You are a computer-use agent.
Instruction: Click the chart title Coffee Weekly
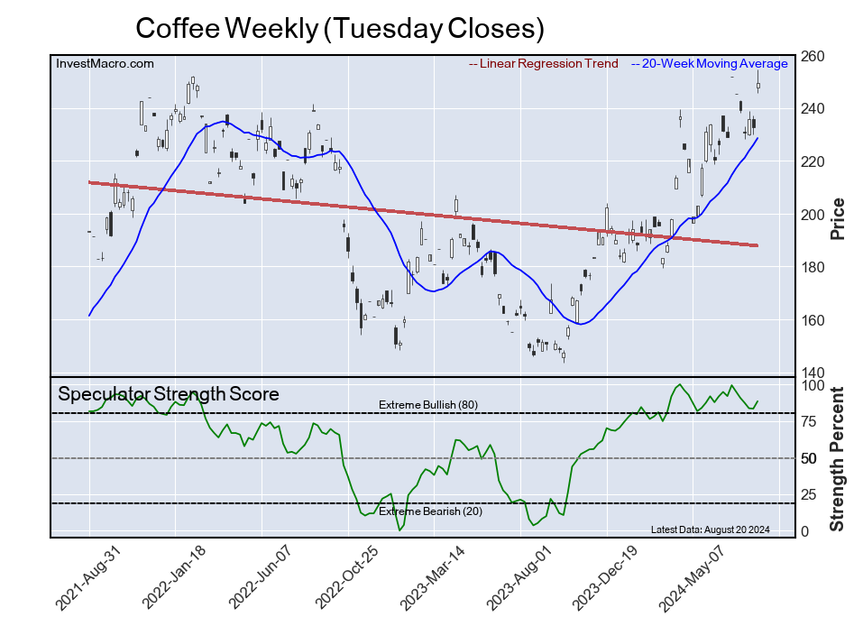click(340, 28)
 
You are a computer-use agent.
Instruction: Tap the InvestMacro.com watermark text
click(106, 63)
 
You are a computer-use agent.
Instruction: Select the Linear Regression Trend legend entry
click(544, 64)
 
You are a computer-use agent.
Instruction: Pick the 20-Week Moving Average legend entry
click(710, 64)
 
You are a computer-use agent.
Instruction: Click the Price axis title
click(837, 217)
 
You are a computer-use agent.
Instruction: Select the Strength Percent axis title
click(837, 459)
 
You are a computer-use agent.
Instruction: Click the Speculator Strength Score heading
click(169, 394)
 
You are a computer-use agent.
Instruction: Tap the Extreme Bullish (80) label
click(428, 405)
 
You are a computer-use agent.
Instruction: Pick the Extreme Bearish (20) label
click(427, 512)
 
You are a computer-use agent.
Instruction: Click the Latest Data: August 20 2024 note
click(709, 529)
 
